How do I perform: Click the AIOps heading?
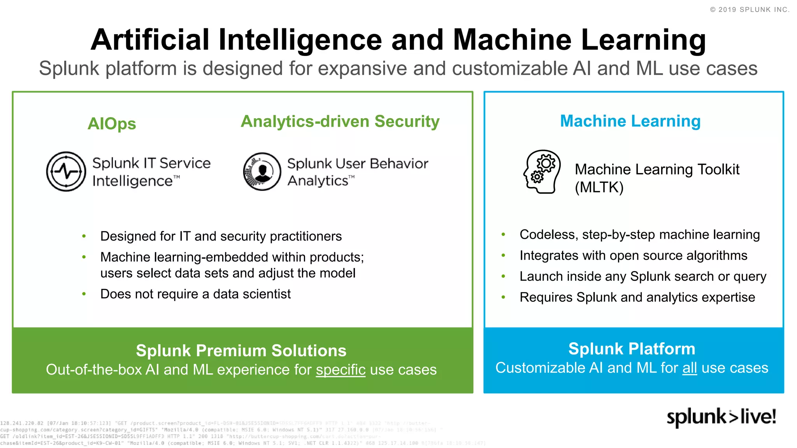(x=112, y=124)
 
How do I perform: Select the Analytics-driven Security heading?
(x=340, y=121)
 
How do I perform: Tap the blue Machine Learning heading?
(x=630, y=121)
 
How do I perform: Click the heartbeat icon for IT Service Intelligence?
(x=66, y=171)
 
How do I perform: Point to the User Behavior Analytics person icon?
(x=262, y=171)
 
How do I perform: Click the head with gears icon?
(x=542, y=171)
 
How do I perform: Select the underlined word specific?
(x=341, y=369)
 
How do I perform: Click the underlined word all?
(x=690, y=368)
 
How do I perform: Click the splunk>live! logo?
(x=721, y=417)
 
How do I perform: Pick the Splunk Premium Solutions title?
(x=241, y=350)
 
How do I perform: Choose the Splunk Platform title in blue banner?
(x=632, y=349)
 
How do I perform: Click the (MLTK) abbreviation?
(x=599, y=187)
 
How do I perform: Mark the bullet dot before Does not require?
(x=84, y=294)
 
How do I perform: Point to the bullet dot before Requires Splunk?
(x=503, y=297)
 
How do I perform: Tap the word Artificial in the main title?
(x=150, y=40)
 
